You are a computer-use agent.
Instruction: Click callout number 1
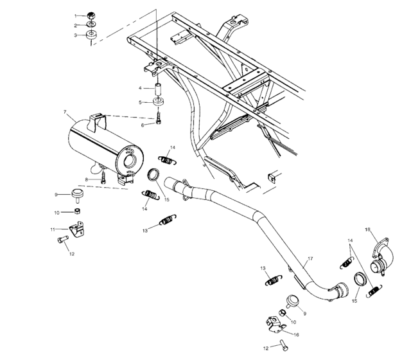click(76, 15)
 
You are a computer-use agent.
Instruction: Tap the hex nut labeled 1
click(92, 15)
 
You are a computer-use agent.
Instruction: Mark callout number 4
click(141, 87)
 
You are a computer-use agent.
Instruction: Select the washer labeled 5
click(157, 102)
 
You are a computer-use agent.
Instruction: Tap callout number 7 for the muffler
click(65, 113)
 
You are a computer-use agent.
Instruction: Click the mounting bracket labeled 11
click(76, 228)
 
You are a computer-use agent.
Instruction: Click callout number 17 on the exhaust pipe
click(310, 259)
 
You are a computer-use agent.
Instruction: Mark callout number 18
click(368, 229)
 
